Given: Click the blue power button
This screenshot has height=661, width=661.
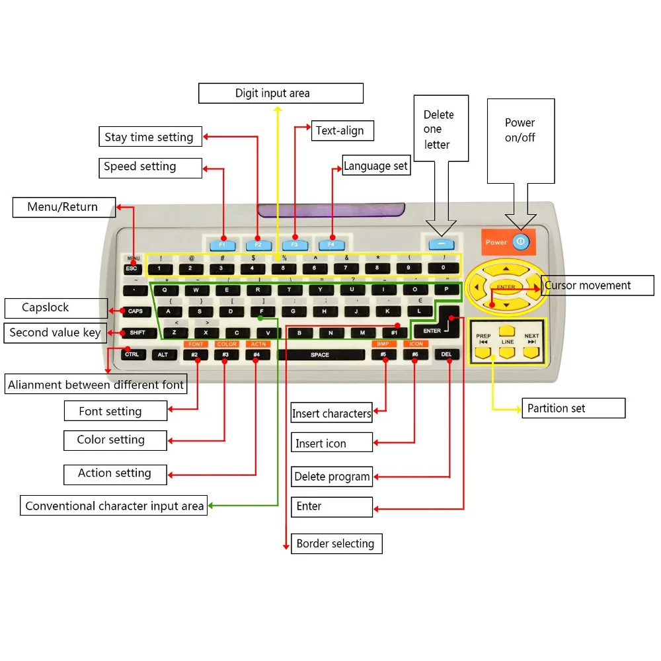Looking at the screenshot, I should (x=520, y=242).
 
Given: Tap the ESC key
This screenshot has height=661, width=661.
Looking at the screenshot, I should (x=132, y=268).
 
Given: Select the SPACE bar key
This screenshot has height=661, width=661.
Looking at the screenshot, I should (x=320, y=355).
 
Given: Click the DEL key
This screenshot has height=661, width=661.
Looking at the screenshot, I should (x=447, y=355).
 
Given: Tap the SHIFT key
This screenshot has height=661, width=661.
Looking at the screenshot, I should (x=137, y=332).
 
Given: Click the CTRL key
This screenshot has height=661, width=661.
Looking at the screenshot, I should (x=132, y=355).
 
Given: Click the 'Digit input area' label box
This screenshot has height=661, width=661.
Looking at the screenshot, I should (x=281, y=93).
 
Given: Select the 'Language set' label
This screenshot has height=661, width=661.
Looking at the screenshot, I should (x=375, y=166).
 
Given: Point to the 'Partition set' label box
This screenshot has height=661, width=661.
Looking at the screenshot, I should (x=573, y=408).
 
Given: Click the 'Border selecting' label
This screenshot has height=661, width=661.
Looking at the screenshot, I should (x=336, y=544).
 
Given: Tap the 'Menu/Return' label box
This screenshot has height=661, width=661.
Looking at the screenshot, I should (x=63, y=208).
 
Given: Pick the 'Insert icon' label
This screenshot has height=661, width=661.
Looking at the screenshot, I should (x=331, y=444).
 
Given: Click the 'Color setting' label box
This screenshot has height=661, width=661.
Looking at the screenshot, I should (x=115, y=440).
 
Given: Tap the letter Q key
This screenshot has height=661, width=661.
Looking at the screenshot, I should (x=165, y=290).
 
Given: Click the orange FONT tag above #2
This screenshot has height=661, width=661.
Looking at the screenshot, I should (x=196, y=344).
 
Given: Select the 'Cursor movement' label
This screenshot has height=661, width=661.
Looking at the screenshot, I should (x=598, y=286).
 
